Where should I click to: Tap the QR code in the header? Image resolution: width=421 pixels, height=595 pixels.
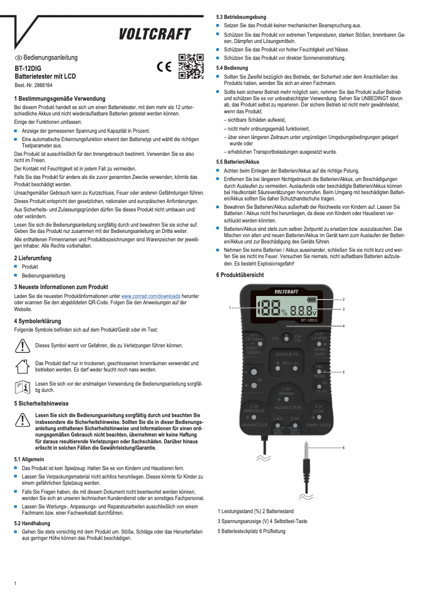(x=191, y=67)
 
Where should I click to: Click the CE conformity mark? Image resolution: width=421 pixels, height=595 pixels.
(x=165, y=67)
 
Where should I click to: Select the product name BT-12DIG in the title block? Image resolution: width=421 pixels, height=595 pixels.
(x=28, y=68)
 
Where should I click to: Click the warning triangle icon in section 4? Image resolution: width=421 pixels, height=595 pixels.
(x=22, y=345)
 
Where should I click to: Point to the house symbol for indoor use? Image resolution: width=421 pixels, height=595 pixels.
(x=22, y=366)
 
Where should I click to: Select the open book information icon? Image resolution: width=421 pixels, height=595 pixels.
(x=22, y=387)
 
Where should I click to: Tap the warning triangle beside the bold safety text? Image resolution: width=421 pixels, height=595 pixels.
(x=22, y=419)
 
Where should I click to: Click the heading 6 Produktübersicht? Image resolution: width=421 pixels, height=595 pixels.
(x=240, y=275)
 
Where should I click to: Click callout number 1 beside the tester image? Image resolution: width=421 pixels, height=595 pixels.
(x=229, y=307)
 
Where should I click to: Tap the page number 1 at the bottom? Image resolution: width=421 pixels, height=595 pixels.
(x=16, y=583)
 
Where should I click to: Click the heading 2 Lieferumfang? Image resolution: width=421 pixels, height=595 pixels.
(x=33, y=258)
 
